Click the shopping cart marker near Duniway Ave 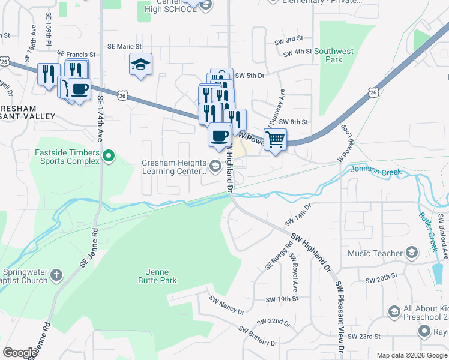click(x=275, y=139)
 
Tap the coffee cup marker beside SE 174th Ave click(x=79, y=90)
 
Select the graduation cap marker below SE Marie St click(x=140, y=65)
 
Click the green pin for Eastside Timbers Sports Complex click(x=108, y=157)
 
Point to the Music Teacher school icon click(x=411, y=253)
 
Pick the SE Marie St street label click(x=124, y=46)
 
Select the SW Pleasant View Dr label click(x=339, y=317)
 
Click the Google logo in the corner click(x=20, y=352)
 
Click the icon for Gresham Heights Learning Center click(x=215, y=165)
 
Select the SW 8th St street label click(x=293, y=122)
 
